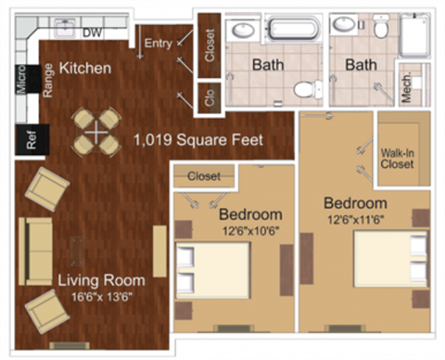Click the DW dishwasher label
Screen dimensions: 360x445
point(92,33)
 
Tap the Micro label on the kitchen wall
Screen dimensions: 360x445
point(20,81)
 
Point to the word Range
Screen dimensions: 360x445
point(46,83)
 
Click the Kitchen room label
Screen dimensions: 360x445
point(85,69)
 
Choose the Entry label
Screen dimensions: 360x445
point(159,43)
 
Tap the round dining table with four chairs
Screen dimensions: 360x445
point(97,131)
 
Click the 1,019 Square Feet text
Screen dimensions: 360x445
point(197,141)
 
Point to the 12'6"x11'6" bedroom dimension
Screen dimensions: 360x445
point(355,219)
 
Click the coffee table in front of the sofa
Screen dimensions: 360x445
point(79,251)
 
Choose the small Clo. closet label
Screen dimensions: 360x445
point(209,97)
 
